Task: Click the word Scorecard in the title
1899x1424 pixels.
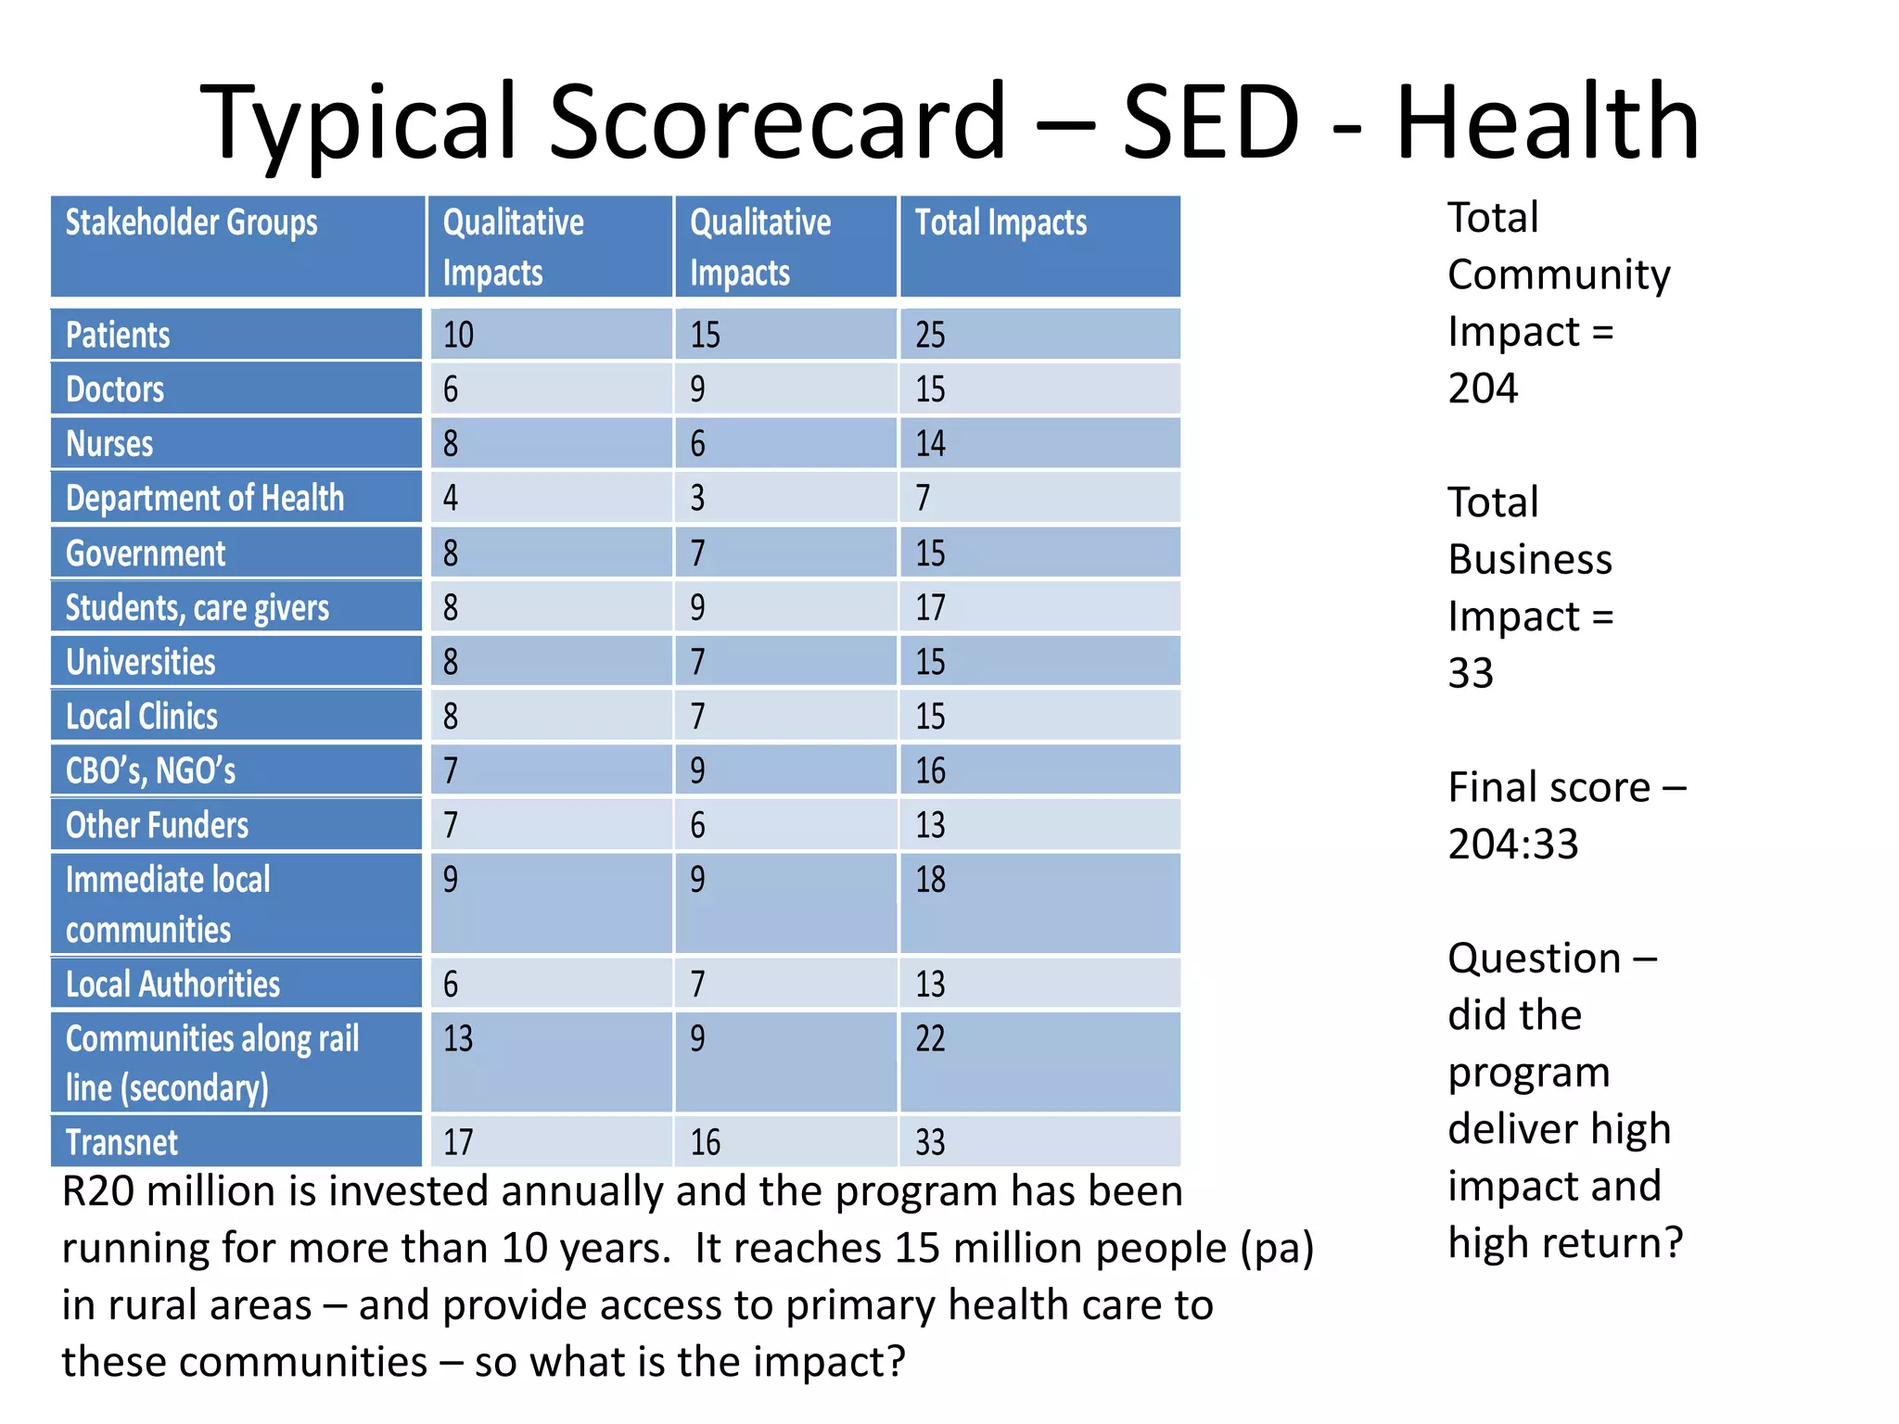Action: pyautogui.click(x=777, y=122)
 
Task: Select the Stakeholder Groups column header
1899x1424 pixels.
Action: pyautogui.click(x=191, y=222)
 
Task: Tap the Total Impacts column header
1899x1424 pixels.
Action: pyautogui.click(x=1000, y=222)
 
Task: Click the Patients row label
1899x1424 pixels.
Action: pyautogui.click(x=118, y=335)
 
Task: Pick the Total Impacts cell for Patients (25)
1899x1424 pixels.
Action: pyautogui.click(x=930, y=335)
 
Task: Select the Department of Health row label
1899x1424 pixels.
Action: pyautogui.click(x=204, y=499)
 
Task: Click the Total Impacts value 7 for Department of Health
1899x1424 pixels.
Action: pyautogui.click(x=923, y=499)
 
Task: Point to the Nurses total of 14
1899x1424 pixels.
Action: pyautogui.click(x=930, y=444)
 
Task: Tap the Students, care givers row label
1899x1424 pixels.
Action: pyautogui.click(x=197, y=608)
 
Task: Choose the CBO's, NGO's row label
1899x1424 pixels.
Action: pyautogui.click(x=150, y=771)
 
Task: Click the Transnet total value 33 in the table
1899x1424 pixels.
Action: pyautogui.click(x=930, y=1142)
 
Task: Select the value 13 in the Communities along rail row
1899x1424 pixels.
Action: pyautogui.click(x=458, y=1038)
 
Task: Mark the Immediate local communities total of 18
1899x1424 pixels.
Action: pyautogui.click(x=930, y=880)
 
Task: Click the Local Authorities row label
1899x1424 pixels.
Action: pyautogui.click(x=172, y=985)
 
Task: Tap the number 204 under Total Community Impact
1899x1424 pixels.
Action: pyautogui.click(x=1483, y=388)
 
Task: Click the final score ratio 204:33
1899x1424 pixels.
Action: pyautogui.click(x=1513, y=845)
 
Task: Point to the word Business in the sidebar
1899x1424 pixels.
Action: pyautogui.click(x=1530, y=560)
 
